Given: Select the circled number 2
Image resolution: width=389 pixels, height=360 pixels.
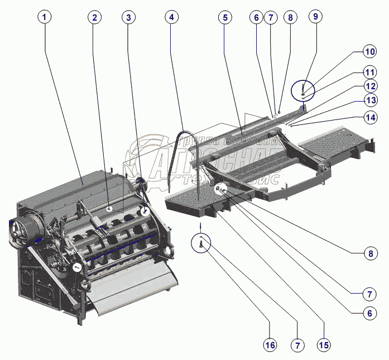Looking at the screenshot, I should point(94,17).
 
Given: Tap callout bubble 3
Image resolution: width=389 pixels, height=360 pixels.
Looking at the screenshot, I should point(129,17).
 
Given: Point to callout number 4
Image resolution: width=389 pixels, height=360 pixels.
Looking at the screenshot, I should point(172,17).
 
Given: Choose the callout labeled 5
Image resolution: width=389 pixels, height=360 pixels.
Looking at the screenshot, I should point(225,17).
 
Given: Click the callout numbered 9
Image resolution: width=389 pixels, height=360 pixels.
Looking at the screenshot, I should point(315,17).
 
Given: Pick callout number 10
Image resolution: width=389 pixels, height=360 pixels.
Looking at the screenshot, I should point(369,52).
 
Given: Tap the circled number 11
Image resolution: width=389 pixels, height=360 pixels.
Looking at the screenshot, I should point(369,72).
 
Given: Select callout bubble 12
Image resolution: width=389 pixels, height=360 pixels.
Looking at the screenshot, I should point(369,86).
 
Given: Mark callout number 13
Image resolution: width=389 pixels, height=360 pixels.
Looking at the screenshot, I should point(369,100).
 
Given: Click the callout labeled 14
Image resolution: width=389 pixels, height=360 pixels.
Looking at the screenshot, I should point(369,117).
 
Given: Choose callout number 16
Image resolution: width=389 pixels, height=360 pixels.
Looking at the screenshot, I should point(270,345).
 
